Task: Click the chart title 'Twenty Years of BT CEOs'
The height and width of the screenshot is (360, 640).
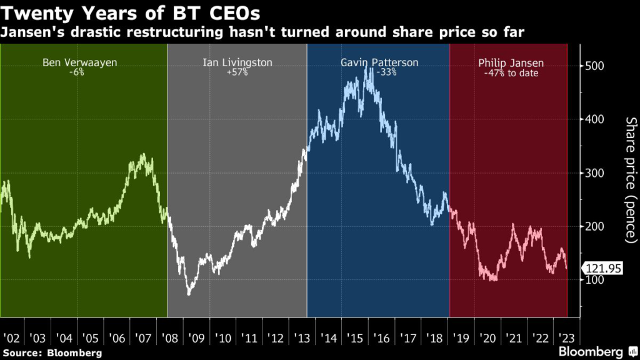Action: tap(131, 12)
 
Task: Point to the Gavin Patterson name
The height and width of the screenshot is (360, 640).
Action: tap(379, 62)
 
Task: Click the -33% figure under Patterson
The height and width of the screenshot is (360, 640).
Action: tap(379, 72)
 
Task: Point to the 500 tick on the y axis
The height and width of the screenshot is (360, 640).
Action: tap(595, 66)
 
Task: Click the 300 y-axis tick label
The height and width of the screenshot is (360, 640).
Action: tap(595, 172)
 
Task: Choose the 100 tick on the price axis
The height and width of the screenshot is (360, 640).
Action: tap(595, 279)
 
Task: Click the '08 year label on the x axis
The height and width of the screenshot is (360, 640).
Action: tap(169, 338)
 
